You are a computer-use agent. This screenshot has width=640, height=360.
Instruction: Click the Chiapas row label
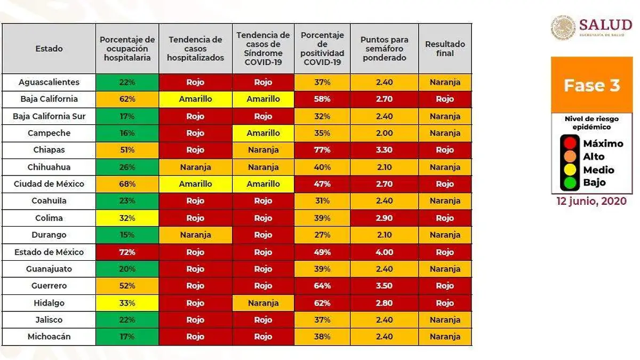tap(49, 150)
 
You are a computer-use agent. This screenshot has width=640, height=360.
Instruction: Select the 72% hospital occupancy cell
tap(127, 252)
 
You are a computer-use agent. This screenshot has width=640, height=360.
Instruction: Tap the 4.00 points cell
tap(384, 252)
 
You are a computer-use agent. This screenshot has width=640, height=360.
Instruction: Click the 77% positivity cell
tap(322, 150)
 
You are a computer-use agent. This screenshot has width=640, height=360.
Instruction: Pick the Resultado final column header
tap(445, 49)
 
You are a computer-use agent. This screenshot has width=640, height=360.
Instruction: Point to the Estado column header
tap(49, 49)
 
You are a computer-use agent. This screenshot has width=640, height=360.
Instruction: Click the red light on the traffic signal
tap(570, 143)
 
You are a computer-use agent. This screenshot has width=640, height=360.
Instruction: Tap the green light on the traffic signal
tap(570, 183)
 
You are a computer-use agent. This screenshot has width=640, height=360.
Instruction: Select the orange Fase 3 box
tap(591, 85)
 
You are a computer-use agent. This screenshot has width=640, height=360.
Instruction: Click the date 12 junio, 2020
tap(591, 202)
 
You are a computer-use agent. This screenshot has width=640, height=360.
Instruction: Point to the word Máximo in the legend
tap(603, 143)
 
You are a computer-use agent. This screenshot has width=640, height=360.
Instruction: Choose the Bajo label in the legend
tap(594, 183)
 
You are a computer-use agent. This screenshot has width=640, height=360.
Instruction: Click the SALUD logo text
tap(605, 25)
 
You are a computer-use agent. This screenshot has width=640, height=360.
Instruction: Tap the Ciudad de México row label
tap(49, 184)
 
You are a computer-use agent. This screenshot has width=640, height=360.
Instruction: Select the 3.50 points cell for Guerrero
tap(384, 286)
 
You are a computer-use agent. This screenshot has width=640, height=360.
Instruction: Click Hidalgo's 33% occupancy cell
tap(127, 303)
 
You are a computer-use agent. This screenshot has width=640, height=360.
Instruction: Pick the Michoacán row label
tap(49, 337)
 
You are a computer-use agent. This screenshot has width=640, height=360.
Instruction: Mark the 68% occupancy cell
tap(127, 184)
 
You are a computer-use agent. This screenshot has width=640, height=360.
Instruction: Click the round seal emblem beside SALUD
tap(563, 27)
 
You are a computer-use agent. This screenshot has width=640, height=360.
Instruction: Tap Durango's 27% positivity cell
tap(322, 235)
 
